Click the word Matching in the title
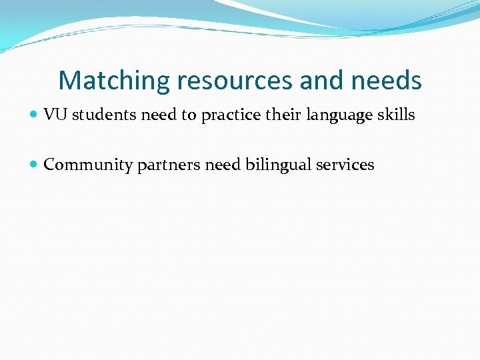[x=115, y=81]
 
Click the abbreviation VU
[x=55, y=115]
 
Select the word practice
[x=229, y=115]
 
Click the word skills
[x=397, y=115]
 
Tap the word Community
[x=88, y=165]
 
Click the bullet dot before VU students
[x=35, y=115]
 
